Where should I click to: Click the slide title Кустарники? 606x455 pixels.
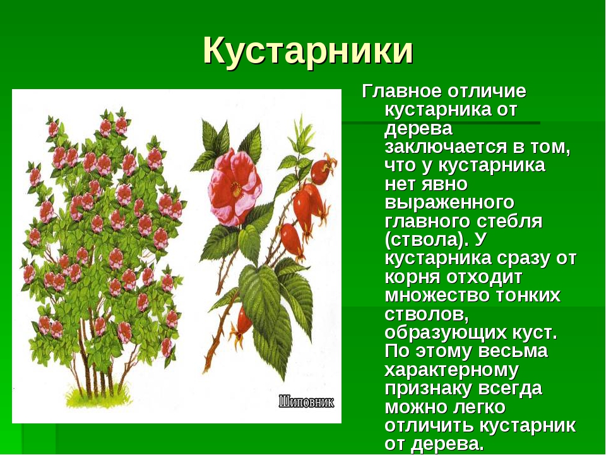[x=308, y=51]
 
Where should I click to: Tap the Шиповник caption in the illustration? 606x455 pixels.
[x=307, y=402]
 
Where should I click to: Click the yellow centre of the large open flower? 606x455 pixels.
[x=235, y=188]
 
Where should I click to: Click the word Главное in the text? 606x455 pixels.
[x=401, y=92]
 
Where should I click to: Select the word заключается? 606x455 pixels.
[x=450, y=147]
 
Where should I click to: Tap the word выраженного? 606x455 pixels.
[x=449, y=203]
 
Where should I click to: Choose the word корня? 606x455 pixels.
[x=412, y=278]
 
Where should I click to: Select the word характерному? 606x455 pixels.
[x=451, y=370]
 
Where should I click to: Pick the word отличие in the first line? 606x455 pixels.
[x=487, y=92]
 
